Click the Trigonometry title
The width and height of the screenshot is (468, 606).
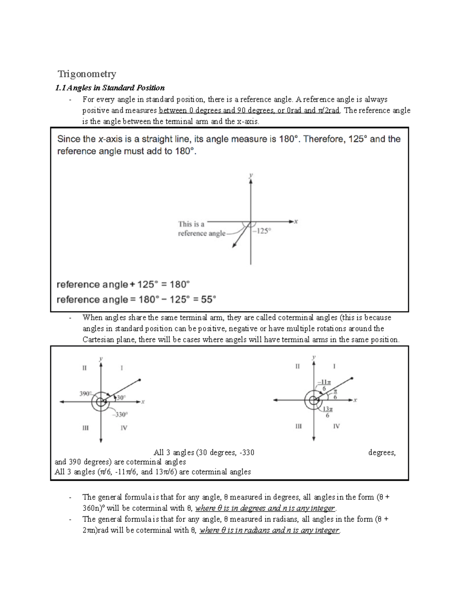[87, 74]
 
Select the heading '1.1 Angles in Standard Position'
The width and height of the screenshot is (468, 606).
[110, 88]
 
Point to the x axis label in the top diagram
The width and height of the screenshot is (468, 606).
[296, 222]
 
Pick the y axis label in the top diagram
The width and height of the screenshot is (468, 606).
[251, 176]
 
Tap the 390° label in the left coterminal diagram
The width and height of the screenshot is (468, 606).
[86, 394]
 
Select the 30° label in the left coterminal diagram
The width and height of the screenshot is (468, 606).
[121, 398]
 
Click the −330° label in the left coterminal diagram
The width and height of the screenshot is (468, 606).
[121, 414]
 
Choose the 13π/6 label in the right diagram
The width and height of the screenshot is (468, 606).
[327, 412]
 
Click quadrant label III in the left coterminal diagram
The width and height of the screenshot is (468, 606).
[85, 428]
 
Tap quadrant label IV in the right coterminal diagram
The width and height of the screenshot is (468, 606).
[336, 426]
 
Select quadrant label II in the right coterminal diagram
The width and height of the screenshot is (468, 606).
[298, 366]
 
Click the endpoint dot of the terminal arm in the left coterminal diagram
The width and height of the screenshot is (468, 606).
[140, 380]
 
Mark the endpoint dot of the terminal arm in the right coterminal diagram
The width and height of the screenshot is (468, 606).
[352, 378]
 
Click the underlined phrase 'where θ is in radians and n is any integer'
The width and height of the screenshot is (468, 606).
[269, 530]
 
